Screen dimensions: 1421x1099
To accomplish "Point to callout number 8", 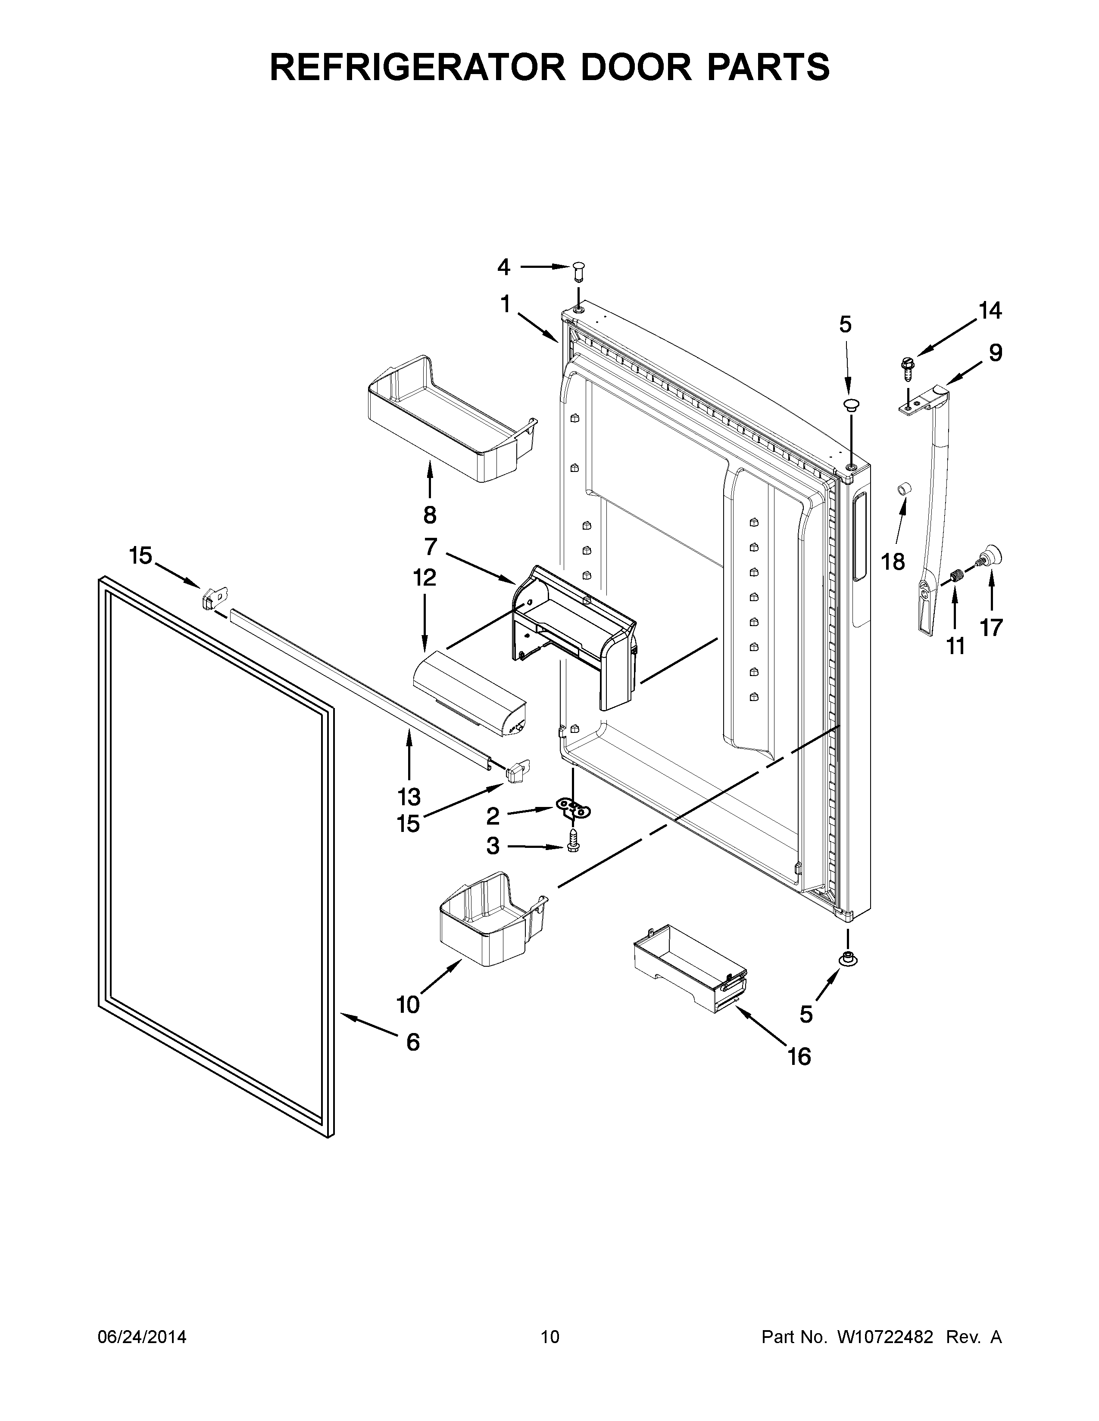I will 430,515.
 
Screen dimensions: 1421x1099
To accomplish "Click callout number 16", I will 799,1057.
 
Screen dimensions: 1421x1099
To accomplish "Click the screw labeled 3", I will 573,842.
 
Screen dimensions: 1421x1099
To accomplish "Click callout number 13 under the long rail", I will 409,796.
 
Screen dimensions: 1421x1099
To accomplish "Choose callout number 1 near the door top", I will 505,304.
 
